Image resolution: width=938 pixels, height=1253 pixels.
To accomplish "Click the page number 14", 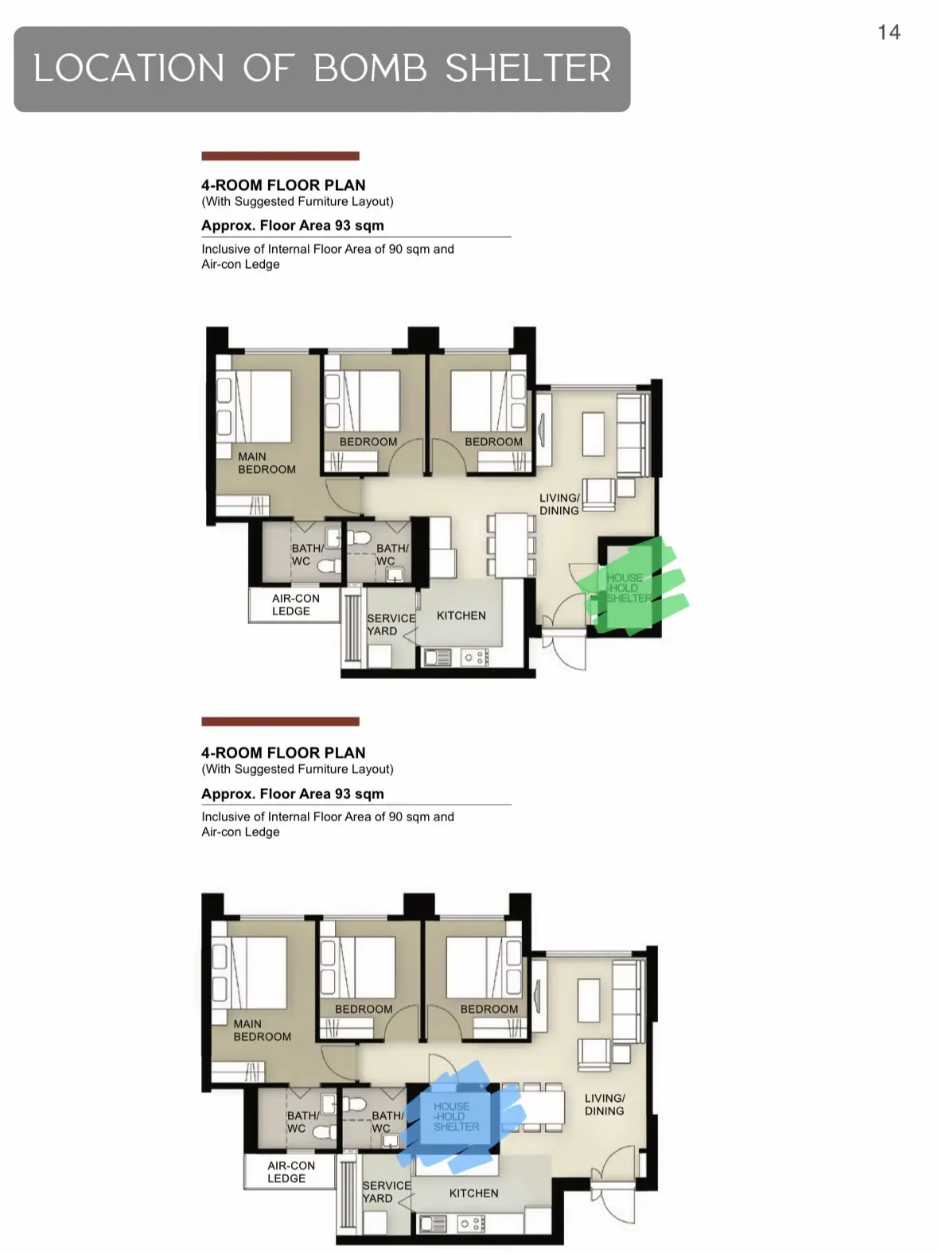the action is point(889,33).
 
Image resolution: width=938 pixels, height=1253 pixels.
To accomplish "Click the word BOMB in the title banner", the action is point(370,68).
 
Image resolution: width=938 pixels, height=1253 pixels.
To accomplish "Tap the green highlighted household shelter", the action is point(631,587).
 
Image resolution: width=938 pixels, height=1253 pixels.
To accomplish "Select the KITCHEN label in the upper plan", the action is point(461,615).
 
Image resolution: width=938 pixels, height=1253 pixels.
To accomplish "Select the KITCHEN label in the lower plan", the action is point(473,1193).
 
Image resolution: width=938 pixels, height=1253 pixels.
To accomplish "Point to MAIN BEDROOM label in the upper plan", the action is point(267,463).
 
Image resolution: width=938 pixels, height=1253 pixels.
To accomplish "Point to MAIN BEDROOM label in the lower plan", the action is point(263,1030).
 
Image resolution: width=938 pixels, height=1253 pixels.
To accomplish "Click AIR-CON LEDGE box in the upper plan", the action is point(294,604).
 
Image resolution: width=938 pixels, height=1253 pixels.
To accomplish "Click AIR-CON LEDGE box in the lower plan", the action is point(290,1172).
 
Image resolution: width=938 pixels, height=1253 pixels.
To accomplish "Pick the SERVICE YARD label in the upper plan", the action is point(391,624).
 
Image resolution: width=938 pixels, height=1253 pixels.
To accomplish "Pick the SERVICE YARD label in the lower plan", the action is point(386,1192).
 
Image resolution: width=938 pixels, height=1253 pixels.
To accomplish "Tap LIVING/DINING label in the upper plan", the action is point(559,504).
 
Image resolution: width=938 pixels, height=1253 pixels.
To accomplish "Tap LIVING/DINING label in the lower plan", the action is point(605,1104).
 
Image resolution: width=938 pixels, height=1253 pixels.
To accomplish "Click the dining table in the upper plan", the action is point(512,545).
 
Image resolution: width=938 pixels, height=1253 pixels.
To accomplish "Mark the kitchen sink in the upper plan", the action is point(437,658).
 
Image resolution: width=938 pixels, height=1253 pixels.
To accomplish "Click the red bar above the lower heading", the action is point(281,722).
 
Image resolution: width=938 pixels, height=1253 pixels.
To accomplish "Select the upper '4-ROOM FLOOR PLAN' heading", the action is point(283,185).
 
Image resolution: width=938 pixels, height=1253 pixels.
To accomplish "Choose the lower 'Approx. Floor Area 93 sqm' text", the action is point(293,793).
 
